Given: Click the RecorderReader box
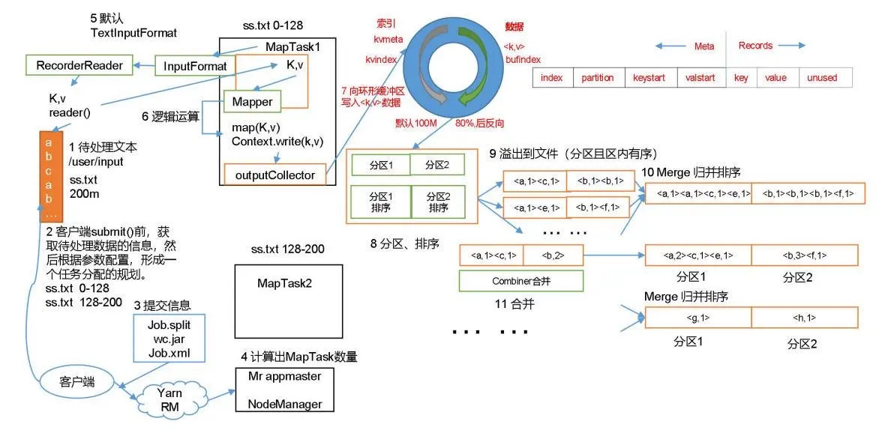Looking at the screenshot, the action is [79, 65].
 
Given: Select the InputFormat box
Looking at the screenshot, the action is [195, 66].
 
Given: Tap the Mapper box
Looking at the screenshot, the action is [253, 101].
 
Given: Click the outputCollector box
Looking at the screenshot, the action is [274, 175].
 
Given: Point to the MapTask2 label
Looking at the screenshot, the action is [285, 282].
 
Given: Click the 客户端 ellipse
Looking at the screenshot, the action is [76, 384].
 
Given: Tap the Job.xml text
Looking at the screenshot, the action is [169, 354].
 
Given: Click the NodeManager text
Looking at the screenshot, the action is [285, 404].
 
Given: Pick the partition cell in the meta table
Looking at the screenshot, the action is [597, 78].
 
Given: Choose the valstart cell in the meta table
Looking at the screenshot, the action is [700, 78].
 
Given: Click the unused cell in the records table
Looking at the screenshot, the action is [822, 78].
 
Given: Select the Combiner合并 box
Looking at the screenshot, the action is [520, 281].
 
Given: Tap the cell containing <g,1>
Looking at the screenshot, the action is [698, 317].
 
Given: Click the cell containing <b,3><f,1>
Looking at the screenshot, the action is [804, 255].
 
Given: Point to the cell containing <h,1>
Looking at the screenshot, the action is [804, 317].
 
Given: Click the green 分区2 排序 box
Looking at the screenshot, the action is [437, 202].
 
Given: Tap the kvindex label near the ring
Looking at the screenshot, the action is [381, 58].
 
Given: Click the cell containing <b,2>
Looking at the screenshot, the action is [553, 255].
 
